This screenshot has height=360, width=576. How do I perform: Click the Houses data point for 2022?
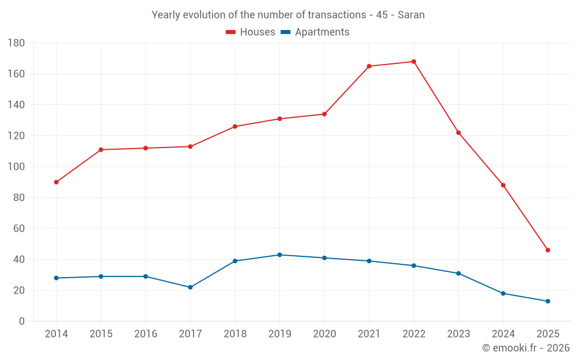(x=414, y=62)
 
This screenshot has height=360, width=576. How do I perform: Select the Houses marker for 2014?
(x=56, y=182)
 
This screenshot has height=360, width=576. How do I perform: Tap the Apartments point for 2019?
(x=280, y=255)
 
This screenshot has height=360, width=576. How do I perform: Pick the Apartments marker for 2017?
(x=190, y=287)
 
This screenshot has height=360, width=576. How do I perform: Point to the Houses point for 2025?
(x=548, y=250)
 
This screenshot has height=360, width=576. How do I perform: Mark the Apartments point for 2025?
(x=548, y=301)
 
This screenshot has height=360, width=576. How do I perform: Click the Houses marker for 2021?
(x=369, y=66)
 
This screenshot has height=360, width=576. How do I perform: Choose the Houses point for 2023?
(x=458, y=132)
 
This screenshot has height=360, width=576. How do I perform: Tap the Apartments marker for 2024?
(x=503, y=293)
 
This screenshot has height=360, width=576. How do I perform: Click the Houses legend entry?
(x=251, y=32)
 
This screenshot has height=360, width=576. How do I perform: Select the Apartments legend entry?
(x=314, y=32)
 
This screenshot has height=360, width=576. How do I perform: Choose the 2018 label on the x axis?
(x=235, y=334)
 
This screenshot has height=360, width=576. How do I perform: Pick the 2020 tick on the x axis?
(x=324, y=334)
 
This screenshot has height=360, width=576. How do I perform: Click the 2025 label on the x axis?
(x=548, y=334)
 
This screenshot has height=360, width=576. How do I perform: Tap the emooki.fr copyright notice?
(x=526, y=348)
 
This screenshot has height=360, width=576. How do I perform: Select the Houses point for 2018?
(x=235, y=127)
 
